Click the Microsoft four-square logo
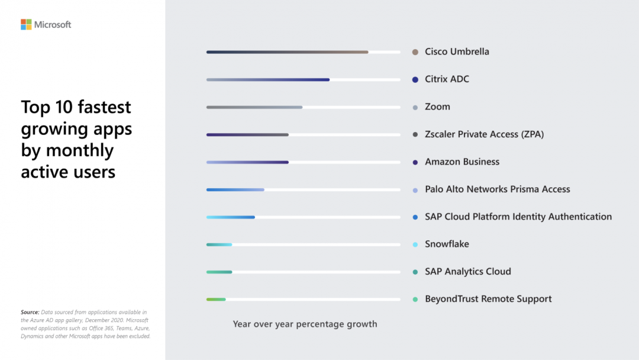[26, 24]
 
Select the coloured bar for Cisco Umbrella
[287, 52]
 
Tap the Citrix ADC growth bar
[267, 79]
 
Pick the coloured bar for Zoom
[254, 107]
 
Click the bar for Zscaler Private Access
[247, 134]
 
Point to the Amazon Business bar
[247, 162]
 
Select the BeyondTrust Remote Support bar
[216, 300]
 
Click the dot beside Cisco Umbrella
[415, 52]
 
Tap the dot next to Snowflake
[415, 245]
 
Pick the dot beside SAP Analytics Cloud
[415, 272]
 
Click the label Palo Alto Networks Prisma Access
[497, 189]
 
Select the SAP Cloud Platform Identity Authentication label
[518, 217]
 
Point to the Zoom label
[437, 107]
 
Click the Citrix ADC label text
[447, 79]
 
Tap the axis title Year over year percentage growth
[305, 324]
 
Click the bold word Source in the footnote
[30, 312]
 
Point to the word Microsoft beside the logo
[53, 25]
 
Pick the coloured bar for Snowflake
[219, 245]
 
